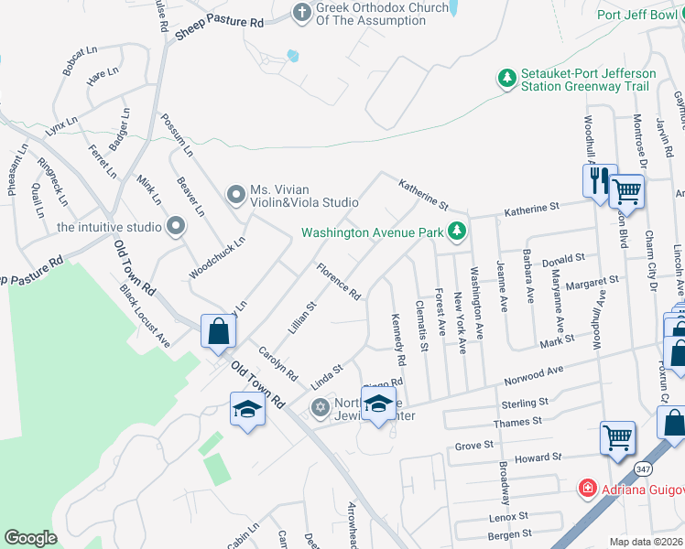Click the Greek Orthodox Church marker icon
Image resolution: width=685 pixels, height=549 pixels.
click(302, 13)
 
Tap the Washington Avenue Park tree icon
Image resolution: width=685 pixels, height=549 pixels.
click(456, 233)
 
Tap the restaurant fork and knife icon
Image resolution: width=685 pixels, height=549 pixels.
click(600, 180)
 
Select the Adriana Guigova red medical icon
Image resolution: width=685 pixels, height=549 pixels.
click(586, 490)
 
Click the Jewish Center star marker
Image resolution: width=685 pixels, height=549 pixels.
click(320, 407)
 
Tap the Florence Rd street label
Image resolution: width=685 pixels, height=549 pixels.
click(338, 281)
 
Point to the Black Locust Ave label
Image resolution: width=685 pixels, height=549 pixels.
click(145, 316)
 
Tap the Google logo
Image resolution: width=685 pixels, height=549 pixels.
click(30, 538)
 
